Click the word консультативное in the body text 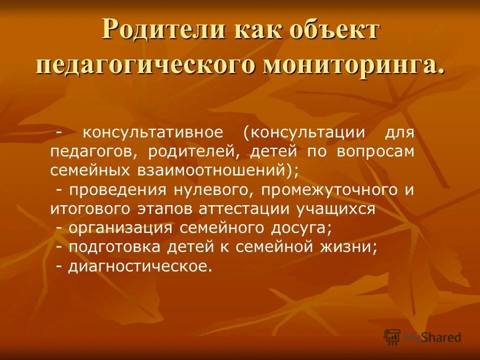click(x=152, y=133)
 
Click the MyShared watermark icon click(x=392, y=336)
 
